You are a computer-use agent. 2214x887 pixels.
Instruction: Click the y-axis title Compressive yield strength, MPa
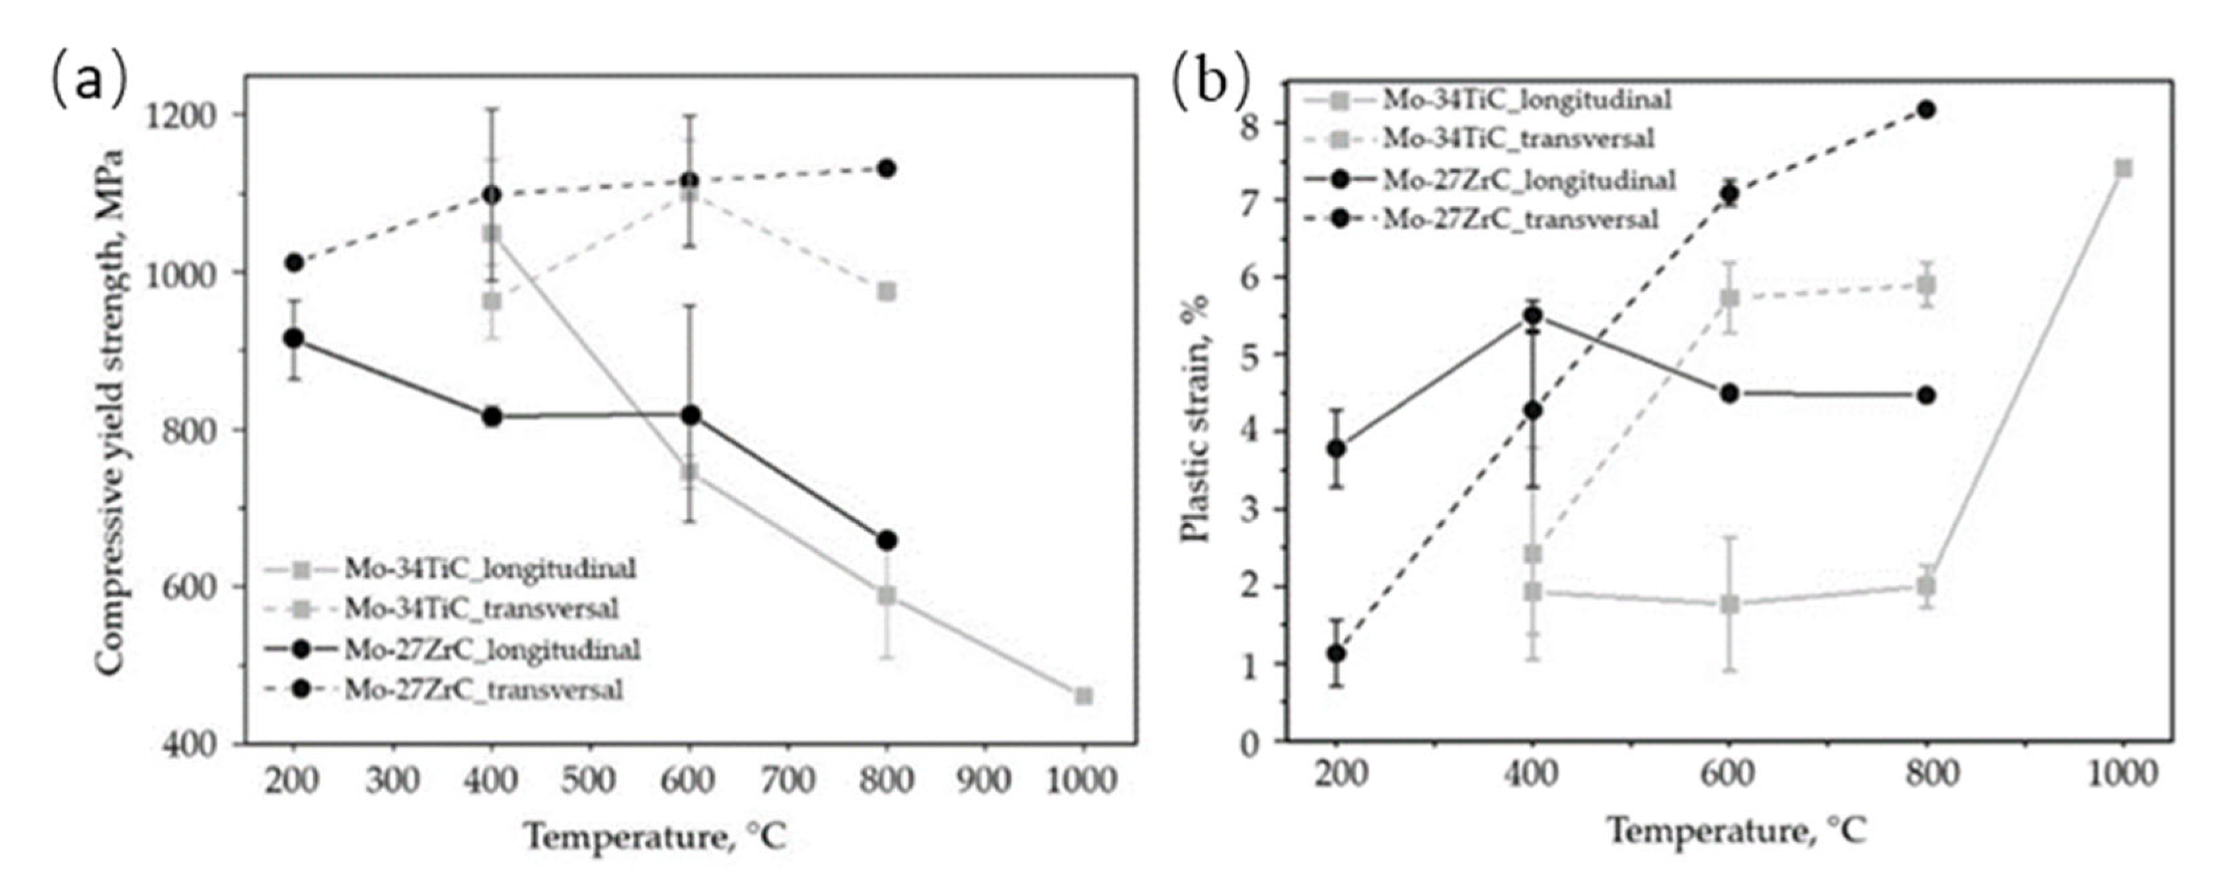(x=110, y=412)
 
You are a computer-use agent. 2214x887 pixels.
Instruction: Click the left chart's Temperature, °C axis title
(x=655, y=836)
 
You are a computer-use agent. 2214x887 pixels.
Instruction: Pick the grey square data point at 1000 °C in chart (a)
(x=1084, y=695)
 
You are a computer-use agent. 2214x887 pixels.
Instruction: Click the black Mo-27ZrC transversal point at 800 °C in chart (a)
(x=887, y=169)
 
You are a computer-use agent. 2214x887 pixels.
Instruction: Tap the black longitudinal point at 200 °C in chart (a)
(x=294, y=338)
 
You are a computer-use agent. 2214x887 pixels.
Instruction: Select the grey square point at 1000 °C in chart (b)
(x=2123, y=169)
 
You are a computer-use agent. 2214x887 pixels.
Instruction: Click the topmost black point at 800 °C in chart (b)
(x=1926, y=109)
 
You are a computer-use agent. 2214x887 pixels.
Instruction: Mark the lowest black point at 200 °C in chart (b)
(x=1337, y=653)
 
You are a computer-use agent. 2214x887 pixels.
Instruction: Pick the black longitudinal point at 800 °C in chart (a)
(x=887, y=541)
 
